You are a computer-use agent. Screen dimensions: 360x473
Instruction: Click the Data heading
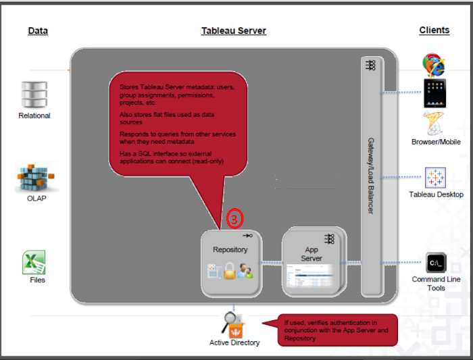point(38,31)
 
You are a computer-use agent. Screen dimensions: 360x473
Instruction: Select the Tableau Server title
point(234,31)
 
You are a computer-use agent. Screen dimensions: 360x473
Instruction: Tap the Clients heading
point(434,30)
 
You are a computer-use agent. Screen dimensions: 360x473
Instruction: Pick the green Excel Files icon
point(34,262)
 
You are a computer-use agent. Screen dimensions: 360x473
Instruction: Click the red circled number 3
point(233,219)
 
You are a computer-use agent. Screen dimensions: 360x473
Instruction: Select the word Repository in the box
point(230,249)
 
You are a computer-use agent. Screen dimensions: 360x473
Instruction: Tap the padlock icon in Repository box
point(230,272)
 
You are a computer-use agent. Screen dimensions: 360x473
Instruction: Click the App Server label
point(312,254)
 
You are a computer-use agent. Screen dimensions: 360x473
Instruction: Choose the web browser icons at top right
point(433,65)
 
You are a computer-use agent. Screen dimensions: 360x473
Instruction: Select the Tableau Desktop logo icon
point(435,178)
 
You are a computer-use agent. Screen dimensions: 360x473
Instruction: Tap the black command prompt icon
point(436,263)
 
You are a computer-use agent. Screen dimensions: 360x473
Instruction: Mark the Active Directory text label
point(234,343)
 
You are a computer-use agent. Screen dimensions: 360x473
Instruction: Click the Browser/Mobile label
point(436,143)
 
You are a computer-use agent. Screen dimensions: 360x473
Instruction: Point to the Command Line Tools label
point(436,284)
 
